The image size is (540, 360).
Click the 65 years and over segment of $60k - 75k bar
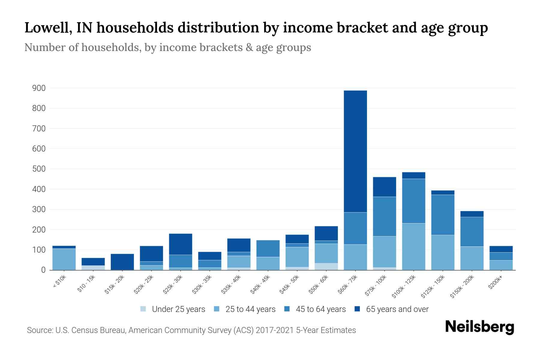tap(355, 151)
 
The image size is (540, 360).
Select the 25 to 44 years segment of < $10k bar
tap(64, 259)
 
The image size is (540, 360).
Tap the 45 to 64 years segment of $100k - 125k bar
tap(413, 201)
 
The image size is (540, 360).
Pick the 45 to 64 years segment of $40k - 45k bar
tap(268, 248)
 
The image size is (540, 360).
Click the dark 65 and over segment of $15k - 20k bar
tap(122, 262)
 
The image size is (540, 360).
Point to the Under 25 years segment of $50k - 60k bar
tap(326, 266)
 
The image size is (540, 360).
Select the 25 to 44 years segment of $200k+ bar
tap(501, 265)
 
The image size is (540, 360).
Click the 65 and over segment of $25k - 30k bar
tap(180, 244)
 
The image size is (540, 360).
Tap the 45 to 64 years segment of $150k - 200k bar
tap(472, 232)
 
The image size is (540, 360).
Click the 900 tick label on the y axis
tap(39, 88)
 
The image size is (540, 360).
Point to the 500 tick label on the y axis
tap(39, 169)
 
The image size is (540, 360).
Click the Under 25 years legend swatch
tap(143, 309)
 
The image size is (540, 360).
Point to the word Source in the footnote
tap(39, 330)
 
